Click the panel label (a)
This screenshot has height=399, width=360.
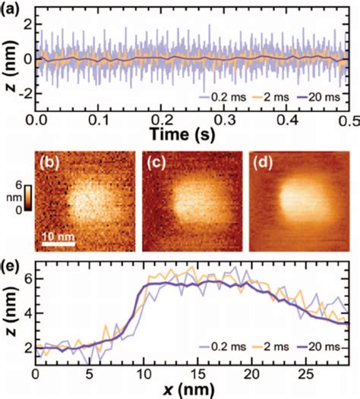coord(15,9)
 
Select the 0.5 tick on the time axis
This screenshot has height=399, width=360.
coord(350,120)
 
